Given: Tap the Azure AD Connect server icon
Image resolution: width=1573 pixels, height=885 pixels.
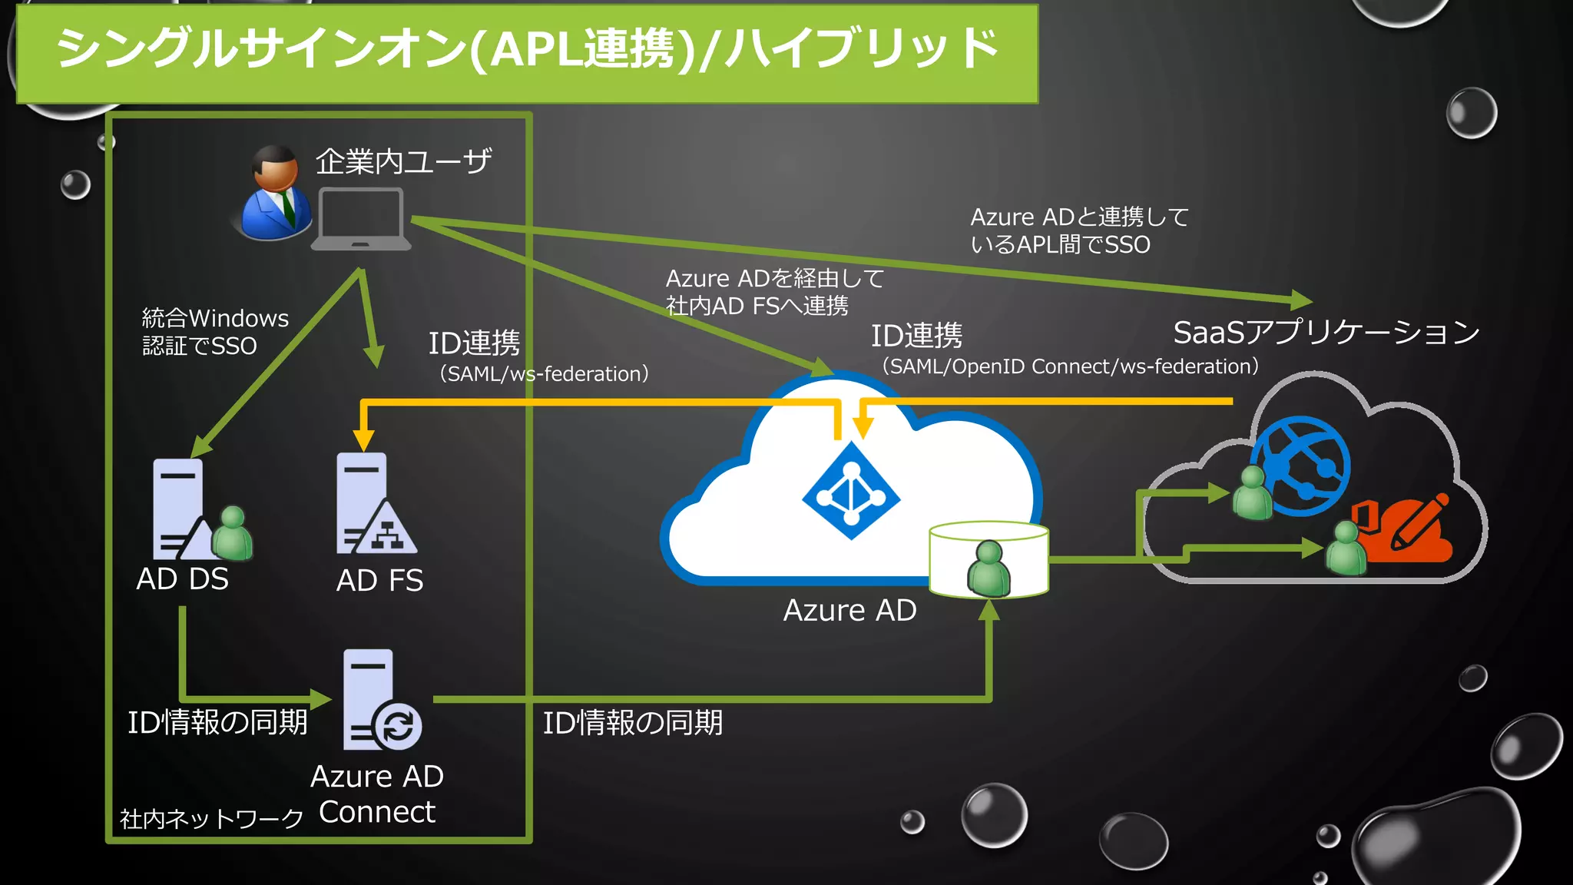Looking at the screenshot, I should pyautogui.click(x=376, y=699).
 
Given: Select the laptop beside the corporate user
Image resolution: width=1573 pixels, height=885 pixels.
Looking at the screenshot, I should pyautogui.click(x=361, y=220).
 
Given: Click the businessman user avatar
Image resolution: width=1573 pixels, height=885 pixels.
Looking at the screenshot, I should pyautogui.click(x=275, y=194).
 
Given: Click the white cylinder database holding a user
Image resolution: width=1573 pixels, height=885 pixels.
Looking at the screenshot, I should pyautogui.click(x=989, y=559).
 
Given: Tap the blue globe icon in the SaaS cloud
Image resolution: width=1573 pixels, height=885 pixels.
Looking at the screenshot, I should pyautogui.click(x=1303, y=466).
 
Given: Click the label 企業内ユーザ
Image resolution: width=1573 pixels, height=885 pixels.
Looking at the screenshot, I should pyautogui.click(x=403, y=161).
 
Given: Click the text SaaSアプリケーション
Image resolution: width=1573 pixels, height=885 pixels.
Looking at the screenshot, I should pyautogui.click(x=1326, y=333).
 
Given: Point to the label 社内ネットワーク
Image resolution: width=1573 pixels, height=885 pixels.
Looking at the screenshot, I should pyautogui.click(x=212, y=819).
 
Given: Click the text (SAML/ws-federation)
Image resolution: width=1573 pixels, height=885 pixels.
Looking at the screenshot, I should pyautogui.click(x=544, y=374).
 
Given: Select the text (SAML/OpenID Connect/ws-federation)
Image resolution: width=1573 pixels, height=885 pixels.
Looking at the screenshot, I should pyautogui.click(x=1070, y=366).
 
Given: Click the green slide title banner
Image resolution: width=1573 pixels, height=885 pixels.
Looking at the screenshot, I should pyautogui.click(x=527, y=52).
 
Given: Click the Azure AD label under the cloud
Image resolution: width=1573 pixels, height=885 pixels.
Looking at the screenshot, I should pyautogui.click(x=849, y=611).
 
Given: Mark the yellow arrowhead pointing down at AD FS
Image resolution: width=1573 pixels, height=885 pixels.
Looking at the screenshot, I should pyautogui.click(x=364, y=440).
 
